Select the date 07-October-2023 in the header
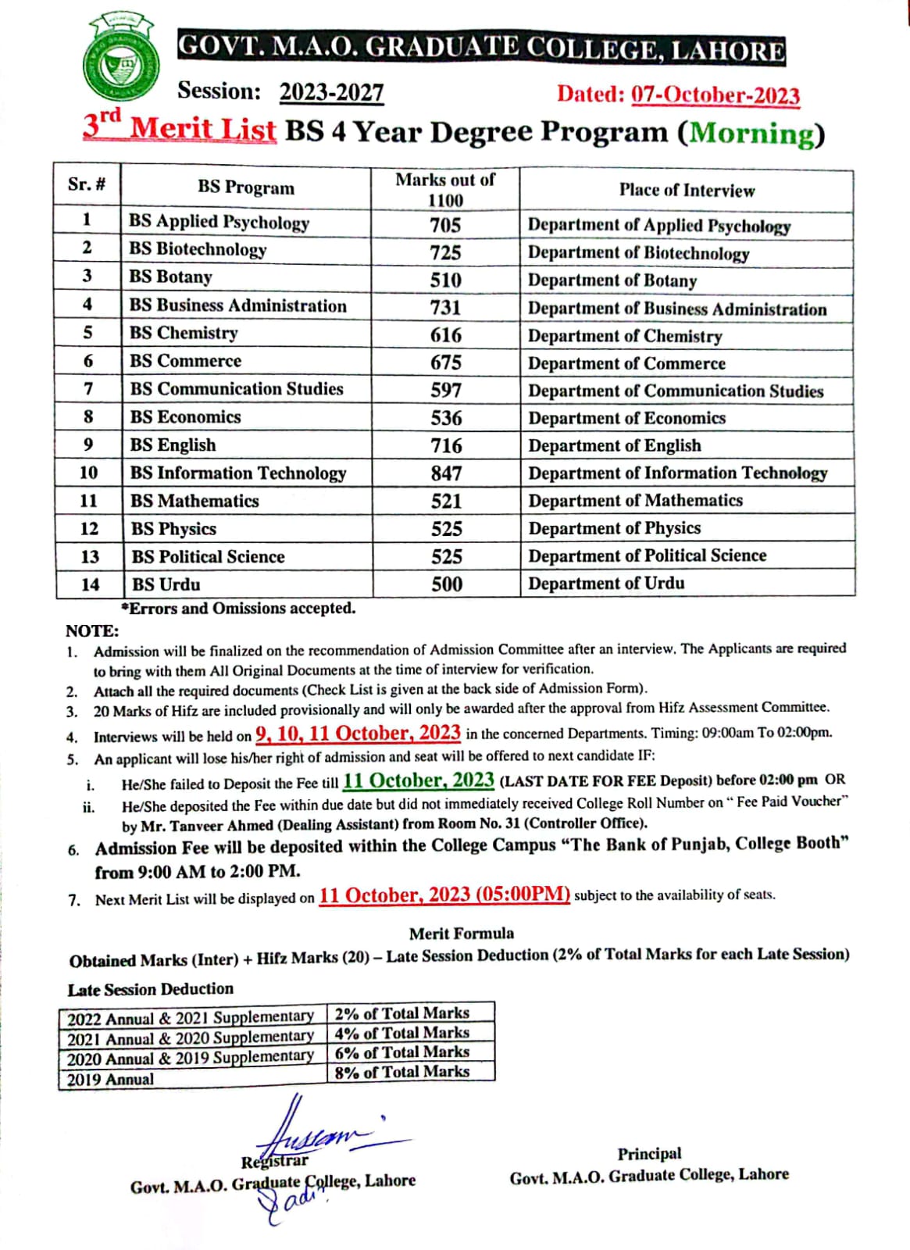[715, 95]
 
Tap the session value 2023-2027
[331, 92]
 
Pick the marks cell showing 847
[446, 473]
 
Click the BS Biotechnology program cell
[198, 249]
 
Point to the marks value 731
[445, 308]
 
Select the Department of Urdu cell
[606, 583]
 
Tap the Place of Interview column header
[687, 190]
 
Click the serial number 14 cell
[90, 584]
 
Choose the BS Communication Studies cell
[237, 388]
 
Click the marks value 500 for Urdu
[447, 584]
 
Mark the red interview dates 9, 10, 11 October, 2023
[358, 733]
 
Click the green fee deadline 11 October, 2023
[418, 780]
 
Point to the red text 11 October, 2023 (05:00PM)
[444, 895]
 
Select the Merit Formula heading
[462, 933]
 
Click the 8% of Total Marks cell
[402, 1072]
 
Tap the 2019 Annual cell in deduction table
[111, 1080]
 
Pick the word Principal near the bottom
[649, 1154]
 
